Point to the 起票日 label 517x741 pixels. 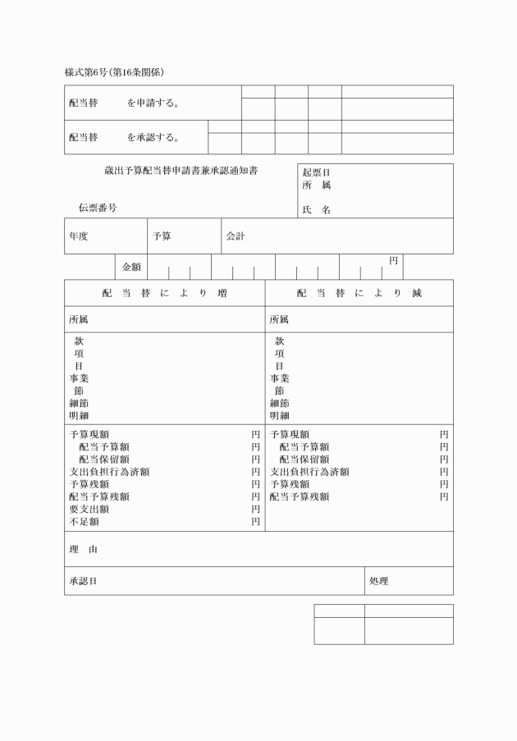coord(316,173)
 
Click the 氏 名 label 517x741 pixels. coord(316,210)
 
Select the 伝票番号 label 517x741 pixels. coord(98,208)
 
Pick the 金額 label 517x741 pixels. coord(131,267)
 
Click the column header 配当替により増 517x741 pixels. coord(164,294)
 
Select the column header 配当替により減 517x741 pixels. coord(359,294)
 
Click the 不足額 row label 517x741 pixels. coord(84,521)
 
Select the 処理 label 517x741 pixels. coord(378,581)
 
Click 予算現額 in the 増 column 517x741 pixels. coord(89,434)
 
